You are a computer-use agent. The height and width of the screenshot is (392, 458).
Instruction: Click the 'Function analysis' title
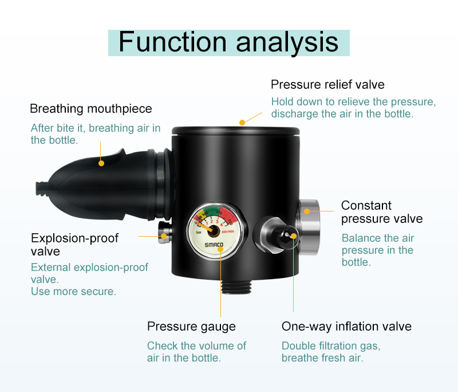228,42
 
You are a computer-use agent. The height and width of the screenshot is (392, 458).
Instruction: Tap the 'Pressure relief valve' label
327,84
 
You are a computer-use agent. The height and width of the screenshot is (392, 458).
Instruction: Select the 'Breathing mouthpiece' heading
91,109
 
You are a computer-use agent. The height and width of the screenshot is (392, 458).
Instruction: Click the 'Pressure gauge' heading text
191,327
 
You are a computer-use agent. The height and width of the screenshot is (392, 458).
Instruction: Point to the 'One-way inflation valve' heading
346,326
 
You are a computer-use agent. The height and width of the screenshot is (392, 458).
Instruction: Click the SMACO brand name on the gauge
214,245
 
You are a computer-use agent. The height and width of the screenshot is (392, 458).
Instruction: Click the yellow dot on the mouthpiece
101,163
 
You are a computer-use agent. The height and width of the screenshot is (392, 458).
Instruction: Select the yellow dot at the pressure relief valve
242,123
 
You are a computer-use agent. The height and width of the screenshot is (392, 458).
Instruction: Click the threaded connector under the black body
236,287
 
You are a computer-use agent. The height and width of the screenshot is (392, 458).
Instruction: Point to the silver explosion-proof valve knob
164,233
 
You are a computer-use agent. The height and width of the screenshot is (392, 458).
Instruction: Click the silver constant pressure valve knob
309,226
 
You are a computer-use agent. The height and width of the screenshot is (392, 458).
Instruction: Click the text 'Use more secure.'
73,292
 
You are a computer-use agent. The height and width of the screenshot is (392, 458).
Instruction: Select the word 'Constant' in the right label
366,206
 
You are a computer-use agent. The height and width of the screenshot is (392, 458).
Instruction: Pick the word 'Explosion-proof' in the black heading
75,238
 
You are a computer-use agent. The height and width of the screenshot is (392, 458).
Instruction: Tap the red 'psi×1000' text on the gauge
228,232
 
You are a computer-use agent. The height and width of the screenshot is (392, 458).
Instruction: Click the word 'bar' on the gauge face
199,233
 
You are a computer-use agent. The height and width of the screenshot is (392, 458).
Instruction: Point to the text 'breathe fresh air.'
322,358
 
